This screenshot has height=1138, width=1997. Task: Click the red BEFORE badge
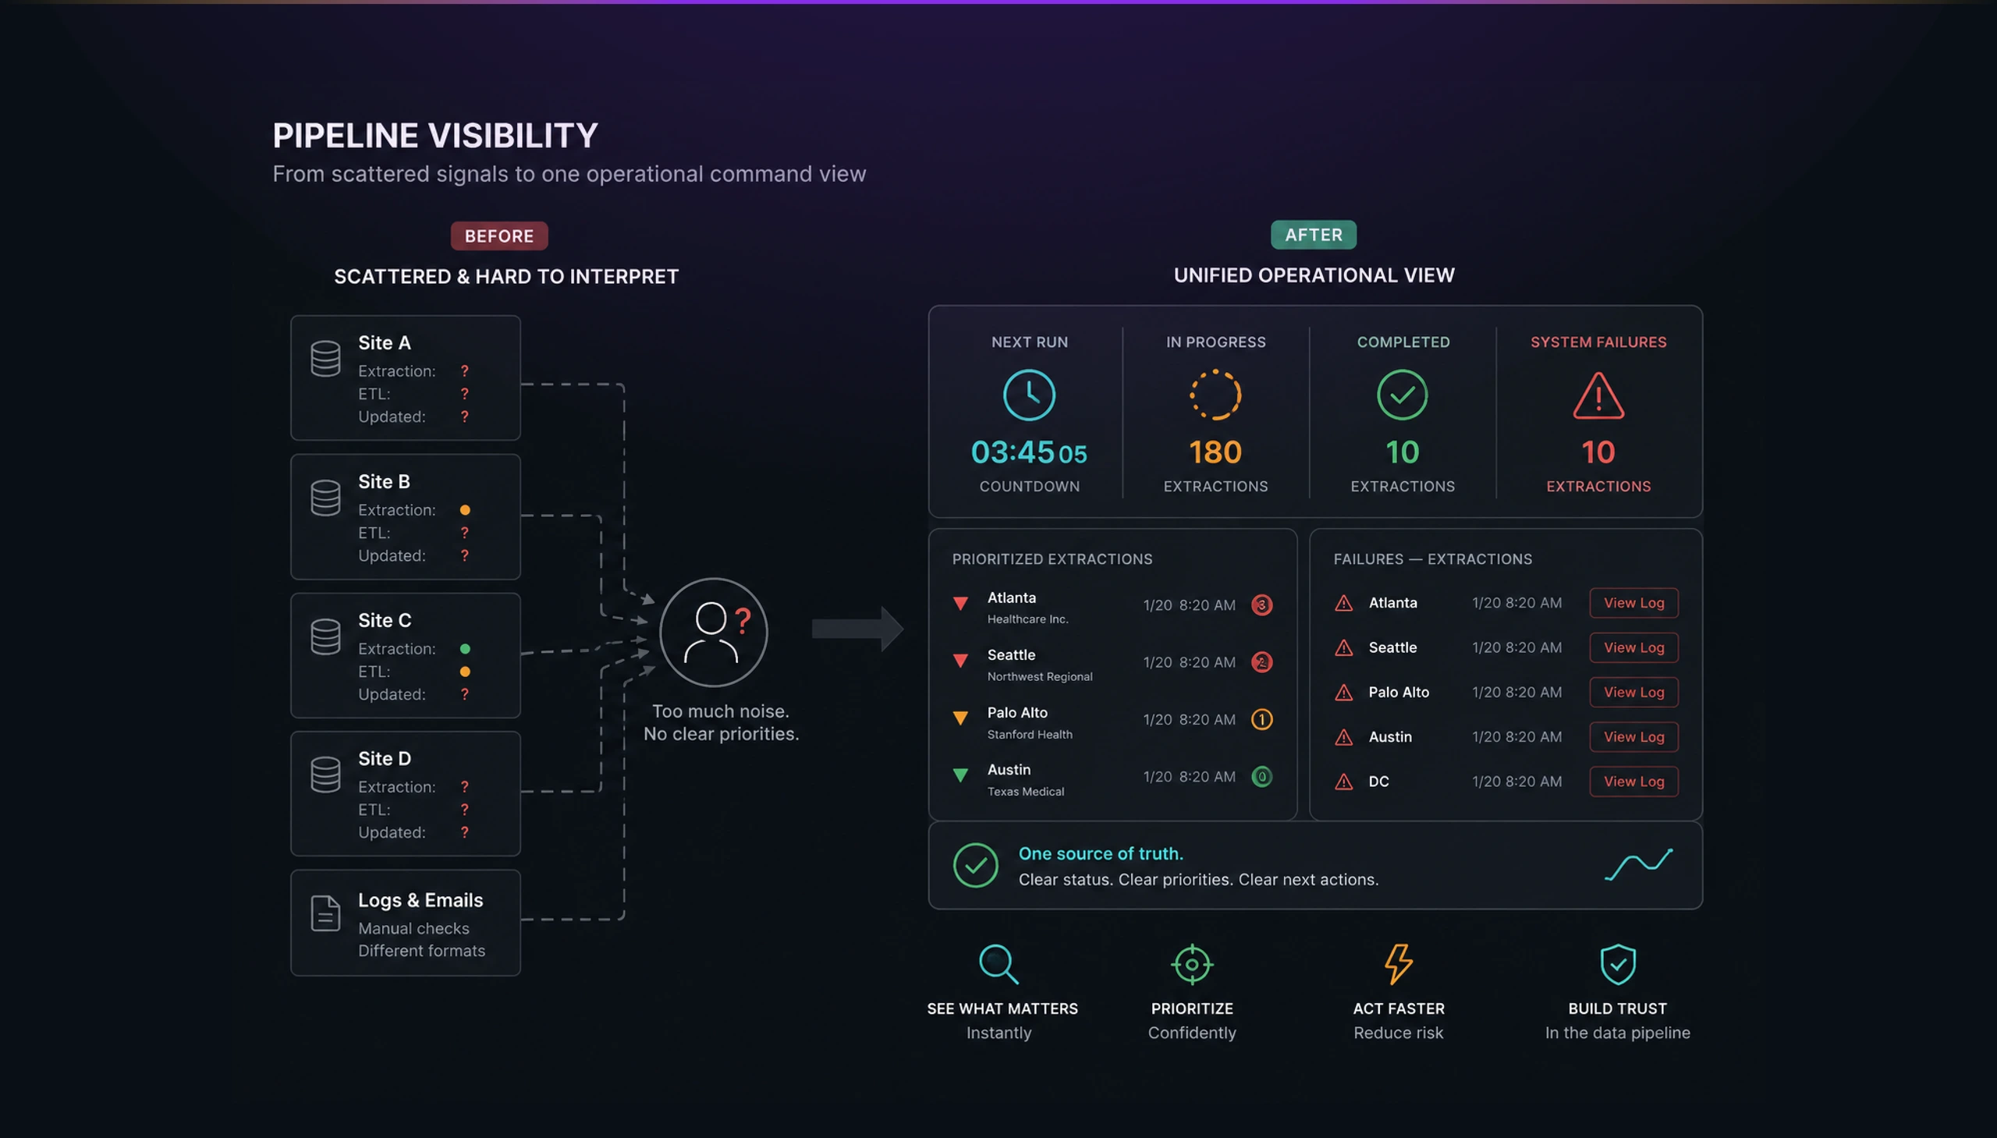click(498, 236)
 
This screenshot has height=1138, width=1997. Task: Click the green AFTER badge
click(1313, 235)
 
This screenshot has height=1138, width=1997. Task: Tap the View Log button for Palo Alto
click(1633, 692)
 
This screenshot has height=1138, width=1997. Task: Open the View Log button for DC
click(1633, 781)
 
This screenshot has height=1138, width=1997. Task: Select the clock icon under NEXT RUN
click(1029, 395)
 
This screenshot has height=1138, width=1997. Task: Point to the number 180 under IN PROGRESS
click(1215, 452)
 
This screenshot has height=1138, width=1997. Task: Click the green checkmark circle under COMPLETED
click(1403, 395)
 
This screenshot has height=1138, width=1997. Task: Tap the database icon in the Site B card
click(325, 498)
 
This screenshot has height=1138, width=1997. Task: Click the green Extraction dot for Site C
click(465, 649)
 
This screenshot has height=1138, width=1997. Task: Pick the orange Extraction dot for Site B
click(465, 509)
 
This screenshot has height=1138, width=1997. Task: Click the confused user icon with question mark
click(714, 633)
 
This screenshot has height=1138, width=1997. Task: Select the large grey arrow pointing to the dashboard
click(857, 629)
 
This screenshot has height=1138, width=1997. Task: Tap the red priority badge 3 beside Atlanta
click(1261, 605)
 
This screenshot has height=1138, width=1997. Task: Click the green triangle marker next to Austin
click(960, 775)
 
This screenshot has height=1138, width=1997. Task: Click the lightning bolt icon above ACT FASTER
click(1399, 964)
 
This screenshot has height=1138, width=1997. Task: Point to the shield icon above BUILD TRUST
click(1617, 964)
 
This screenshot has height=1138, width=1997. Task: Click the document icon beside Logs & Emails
click(325, 913)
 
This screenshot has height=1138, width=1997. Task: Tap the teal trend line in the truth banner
click(1638, 864)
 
